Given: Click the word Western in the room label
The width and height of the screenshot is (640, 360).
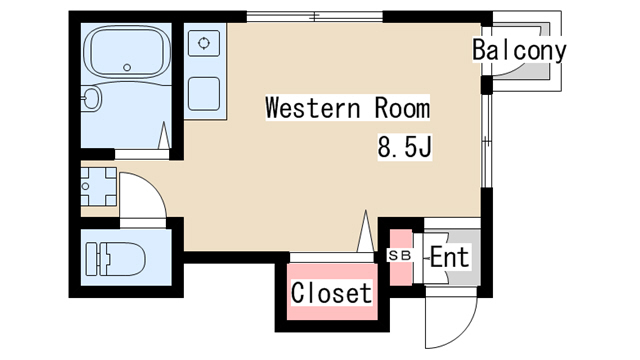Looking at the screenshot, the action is pos(313,108).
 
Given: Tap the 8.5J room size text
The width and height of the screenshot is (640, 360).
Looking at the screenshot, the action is pos(404,147).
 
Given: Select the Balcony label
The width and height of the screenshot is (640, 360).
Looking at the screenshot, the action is pos(519,50).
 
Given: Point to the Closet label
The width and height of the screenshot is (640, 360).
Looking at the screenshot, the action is pos(331,293).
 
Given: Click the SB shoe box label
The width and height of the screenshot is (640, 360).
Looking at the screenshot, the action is pos(400,256).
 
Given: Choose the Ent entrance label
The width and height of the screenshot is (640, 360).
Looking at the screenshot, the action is pos(449,257).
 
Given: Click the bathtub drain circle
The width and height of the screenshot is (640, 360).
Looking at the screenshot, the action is pos(127,67).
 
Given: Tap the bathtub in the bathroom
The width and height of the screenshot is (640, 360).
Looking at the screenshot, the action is pos(127,52).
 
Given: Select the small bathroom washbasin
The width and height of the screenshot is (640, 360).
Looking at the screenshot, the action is pos(91,98).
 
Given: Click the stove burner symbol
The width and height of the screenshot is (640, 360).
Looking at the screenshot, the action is pos(204,43).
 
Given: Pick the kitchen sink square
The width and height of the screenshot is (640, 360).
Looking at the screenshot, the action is pos(204,94).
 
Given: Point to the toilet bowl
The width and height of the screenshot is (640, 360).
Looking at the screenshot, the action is pos(122,259).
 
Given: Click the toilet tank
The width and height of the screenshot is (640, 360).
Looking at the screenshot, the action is pos(92,259).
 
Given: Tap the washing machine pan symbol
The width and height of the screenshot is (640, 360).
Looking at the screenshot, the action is pos(99,186).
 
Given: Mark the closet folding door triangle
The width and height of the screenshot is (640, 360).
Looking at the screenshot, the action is pos(365,231).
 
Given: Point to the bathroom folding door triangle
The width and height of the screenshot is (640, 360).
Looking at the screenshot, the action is pos(164,135).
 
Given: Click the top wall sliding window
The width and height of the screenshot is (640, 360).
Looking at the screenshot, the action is pos(315,17).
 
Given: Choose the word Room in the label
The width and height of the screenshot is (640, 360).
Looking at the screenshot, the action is pos(402,108).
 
